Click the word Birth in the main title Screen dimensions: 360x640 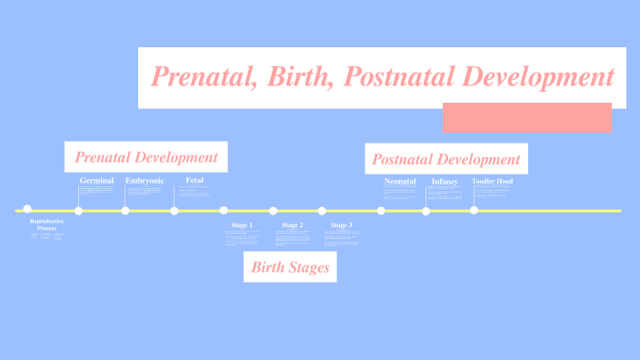click(x=293, y=76)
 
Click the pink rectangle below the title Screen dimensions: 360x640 click(x=527, y=117)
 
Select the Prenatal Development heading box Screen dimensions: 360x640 click(x=146, y=156)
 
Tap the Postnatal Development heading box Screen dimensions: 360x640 click(x=445, y=159)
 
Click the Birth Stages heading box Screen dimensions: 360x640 click(x=290, y=267)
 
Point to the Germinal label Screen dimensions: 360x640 click(x=96, y=181)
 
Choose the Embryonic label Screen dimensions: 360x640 click(x=145, y=181)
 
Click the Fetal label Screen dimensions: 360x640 click(x=195, y=181)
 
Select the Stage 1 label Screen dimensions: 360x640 click(x=242, y=225)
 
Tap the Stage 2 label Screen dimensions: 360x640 click(x=292, y=225)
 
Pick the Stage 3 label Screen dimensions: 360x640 click(x=342, y=225)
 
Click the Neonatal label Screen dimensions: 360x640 click(x=400, y=182)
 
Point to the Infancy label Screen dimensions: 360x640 click(x=445, y=182)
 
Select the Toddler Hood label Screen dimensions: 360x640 click(x=492, y=182)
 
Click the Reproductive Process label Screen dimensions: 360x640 click(x=46, y=225)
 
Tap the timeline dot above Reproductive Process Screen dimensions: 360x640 click(x=27, y=209)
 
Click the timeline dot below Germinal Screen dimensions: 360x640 click(x=78, y=211)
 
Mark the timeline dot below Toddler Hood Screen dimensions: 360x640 click(x=474, y=210)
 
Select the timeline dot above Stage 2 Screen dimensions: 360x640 click(x=273, y=211)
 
